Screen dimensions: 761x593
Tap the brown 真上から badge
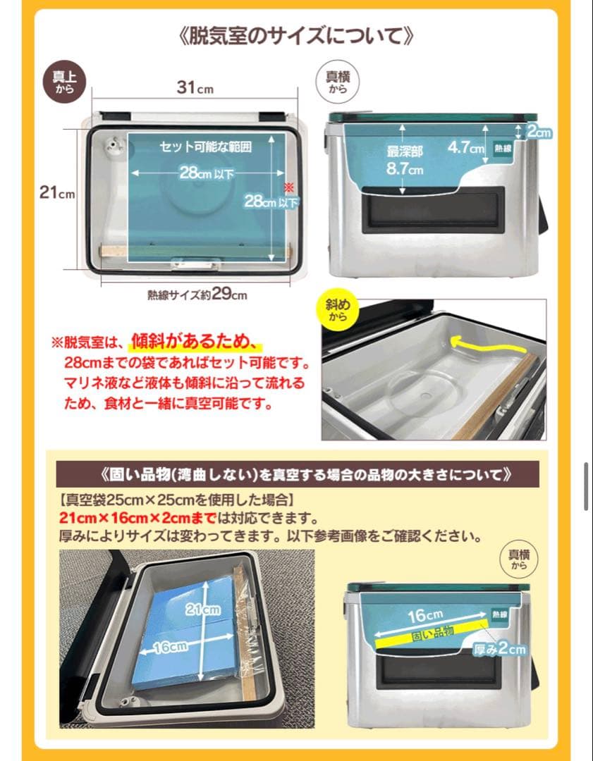pos(64,82)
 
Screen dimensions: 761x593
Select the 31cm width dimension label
pos(195,89)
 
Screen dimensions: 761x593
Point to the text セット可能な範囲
pos(205,147)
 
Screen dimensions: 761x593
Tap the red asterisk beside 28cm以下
pos(288,187)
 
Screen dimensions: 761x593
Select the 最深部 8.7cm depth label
pos(404,160)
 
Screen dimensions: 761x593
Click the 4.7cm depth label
pos(466,149)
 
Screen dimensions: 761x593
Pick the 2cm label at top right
pos(539,132)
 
